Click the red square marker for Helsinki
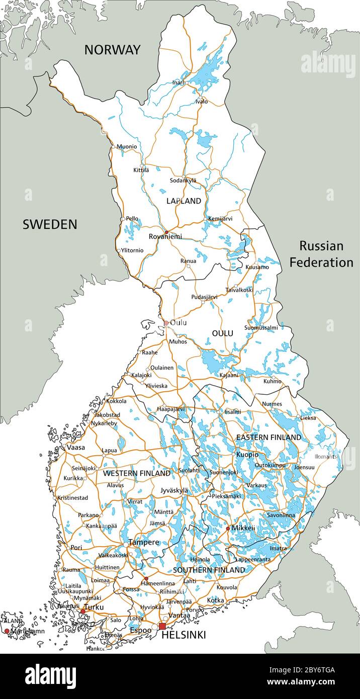tap(162, 626)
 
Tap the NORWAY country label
tap(112, 50)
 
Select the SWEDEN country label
tap(50, 224)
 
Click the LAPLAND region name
tap(184, 201)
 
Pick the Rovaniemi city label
tap(165, 236)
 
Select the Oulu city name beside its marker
tap(178, 322)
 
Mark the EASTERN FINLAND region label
tap(268, 438)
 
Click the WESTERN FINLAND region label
tap(137, 473)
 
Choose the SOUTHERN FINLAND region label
tap(209, 570)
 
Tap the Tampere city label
tap(144, 542)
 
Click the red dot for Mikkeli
tap(228, 528)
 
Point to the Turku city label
tap(94, 607)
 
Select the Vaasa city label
tap(75, 447)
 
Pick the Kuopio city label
tap(247, 455)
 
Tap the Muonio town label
tap(127, 147)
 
